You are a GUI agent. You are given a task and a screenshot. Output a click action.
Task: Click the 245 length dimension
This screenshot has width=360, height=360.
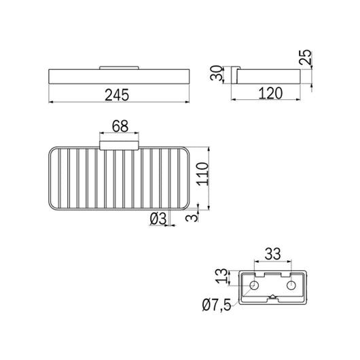tap(117, 95)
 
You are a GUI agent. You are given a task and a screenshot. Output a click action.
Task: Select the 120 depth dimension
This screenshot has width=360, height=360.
tap(270, 93)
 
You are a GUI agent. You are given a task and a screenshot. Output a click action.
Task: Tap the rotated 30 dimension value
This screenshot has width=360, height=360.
tap(217, 73)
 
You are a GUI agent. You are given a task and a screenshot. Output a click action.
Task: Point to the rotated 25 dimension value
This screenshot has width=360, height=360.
tap(306, 57)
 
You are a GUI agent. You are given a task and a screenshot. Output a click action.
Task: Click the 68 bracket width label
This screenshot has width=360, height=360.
tap(120, 126)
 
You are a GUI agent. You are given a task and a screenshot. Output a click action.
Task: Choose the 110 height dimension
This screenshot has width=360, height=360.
tap(202, 174)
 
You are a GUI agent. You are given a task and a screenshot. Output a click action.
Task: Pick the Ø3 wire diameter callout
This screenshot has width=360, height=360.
tap(158, 218)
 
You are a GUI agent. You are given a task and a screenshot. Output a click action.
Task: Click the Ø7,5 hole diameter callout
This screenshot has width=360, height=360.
tap(217, 305)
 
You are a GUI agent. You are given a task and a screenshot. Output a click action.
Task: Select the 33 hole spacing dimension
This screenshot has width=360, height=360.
tap(272, 254)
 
